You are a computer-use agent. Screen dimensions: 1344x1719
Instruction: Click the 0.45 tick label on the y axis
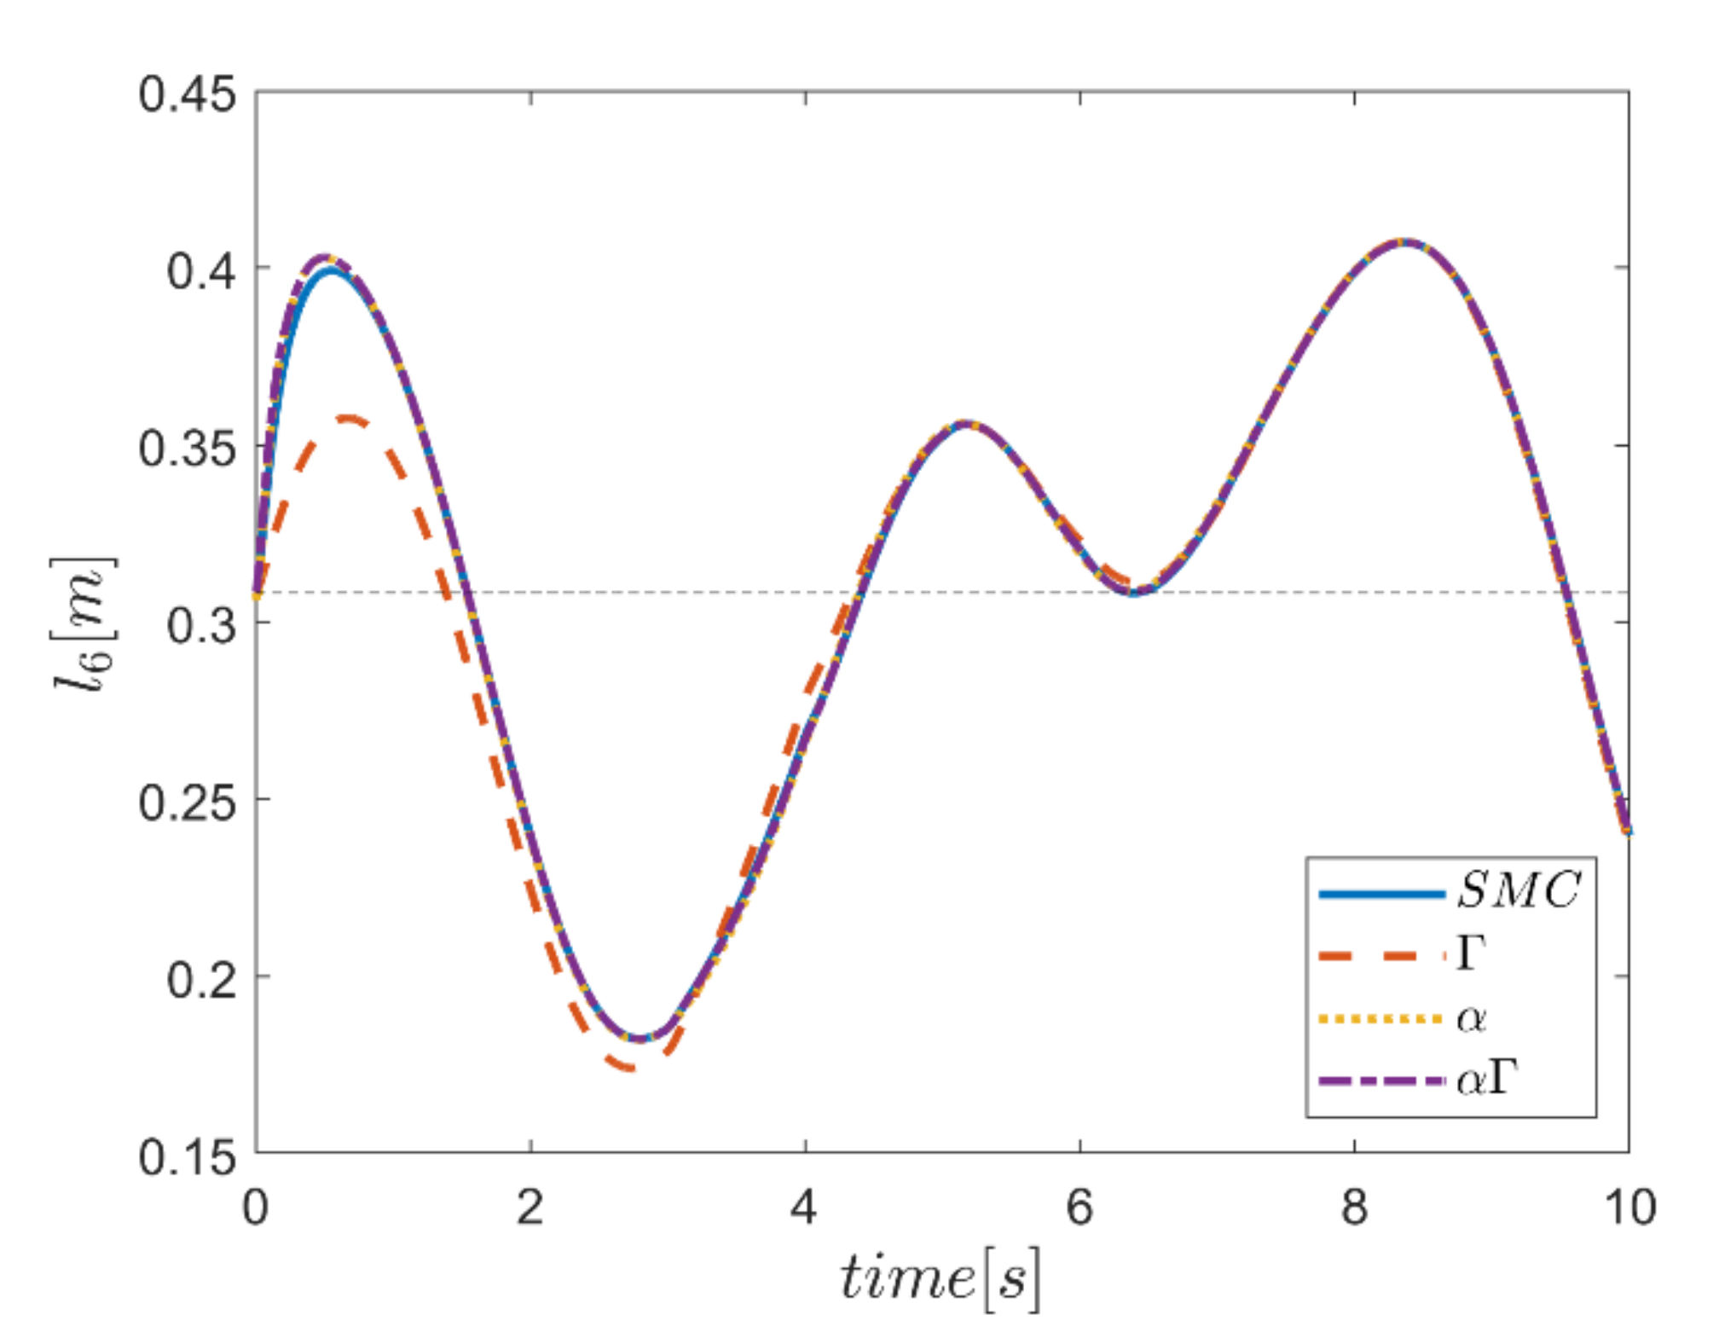point(188,93)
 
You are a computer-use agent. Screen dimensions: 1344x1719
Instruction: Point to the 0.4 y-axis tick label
point(201,271)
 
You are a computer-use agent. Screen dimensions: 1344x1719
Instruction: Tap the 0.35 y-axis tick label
point(188,449)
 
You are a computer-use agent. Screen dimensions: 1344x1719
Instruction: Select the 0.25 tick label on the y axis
point(188,802)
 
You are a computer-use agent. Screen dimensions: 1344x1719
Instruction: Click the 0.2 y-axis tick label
point(201,980)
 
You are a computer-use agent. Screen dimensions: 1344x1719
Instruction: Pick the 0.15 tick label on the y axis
point(188,1157)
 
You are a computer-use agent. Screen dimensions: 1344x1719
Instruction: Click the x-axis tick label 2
point(530,1208)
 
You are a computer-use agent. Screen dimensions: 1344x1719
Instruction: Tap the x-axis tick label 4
point(805,1208)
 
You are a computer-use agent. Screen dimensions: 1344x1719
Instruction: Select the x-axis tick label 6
point(1079,1208)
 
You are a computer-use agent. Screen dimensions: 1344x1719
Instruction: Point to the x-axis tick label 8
point(1354,1208)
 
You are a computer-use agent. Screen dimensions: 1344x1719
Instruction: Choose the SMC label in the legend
point(1519,890)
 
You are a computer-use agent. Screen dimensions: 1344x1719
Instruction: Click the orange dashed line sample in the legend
point(1381,956)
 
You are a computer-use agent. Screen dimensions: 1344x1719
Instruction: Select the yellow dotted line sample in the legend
point(1381,1018)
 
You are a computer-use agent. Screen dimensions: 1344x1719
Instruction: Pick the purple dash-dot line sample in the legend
point(1381,1081)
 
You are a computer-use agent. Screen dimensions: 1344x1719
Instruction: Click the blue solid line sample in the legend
point(1381,894)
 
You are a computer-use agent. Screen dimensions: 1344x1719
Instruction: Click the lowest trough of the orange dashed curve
point(631,1067)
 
